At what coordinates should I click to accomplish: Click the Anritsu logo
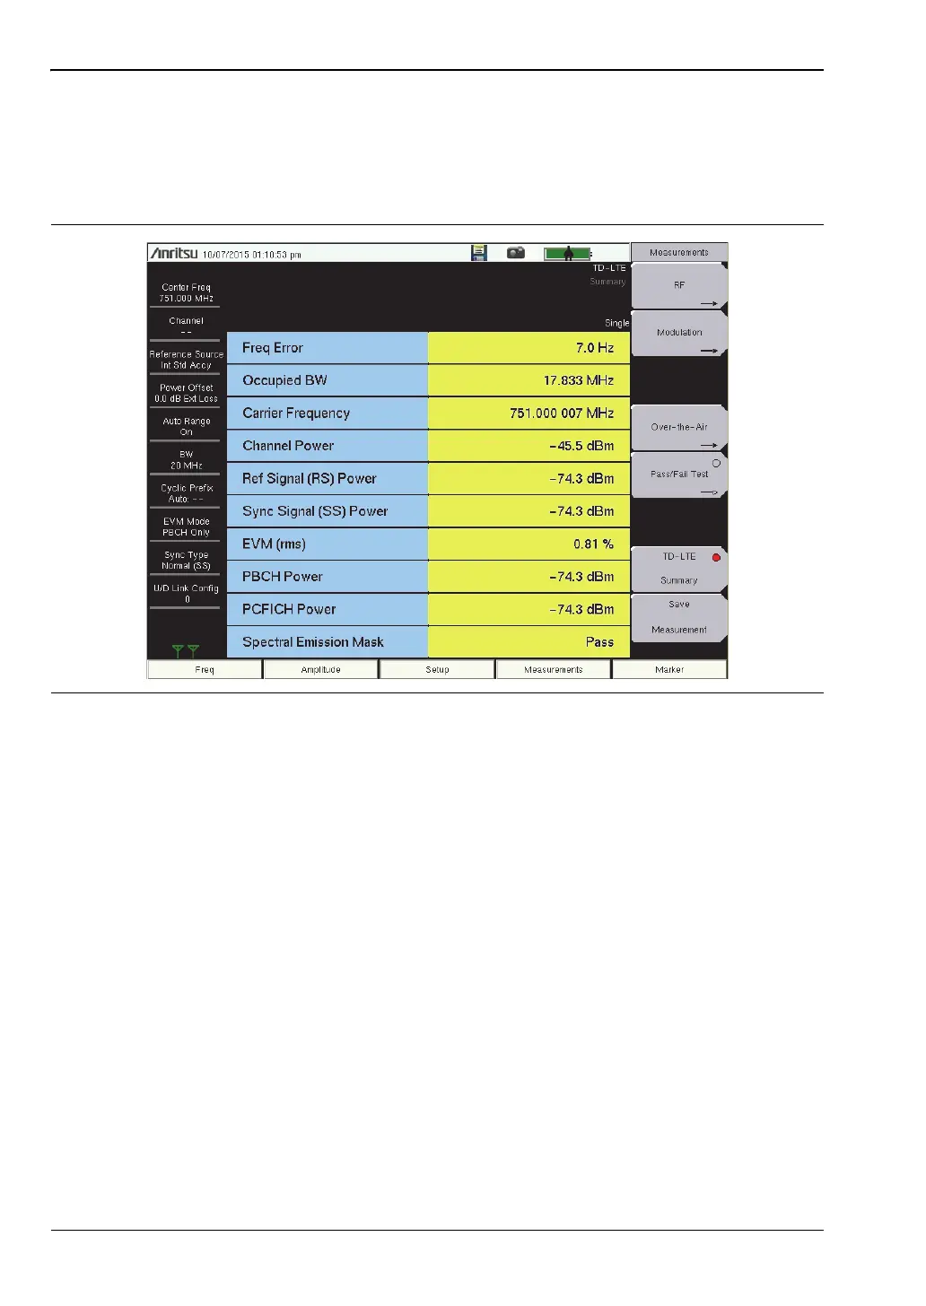coord(174,254)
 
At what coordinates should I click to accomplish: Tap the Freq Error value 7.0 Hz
coord(594,348)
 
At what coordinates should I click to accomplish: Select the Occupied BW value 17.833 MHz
coord(578,380)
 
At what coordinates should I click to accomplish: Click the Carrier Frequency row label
coord(296,414)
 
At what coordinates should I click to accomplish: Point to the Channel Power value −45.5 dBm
coord(581,446)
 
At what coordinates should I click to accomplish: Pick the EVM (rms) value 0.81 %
coord(593,544)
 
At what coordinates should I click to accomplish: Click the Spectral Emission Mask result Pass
coord(599,642)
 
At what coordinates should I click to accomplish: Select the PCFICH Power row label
coord(289,609)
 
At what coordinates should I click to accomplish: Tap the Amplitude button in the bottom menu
coord(320,670)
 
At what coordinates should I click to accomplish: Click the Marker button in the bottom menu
coord(669,670)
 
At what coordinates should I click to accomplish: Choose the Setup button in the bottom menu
coord(437,670)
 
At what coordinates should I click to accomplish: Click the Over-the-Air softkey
coord(679,428)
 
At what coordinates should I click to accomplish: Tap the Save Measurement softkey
coord(679,617)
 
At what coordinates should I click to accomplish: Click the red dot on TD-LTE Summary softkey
coord(716,558)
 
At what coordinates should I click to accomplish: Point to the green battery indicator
coord(567,254)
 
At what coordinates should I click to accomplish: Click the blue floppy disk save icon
coord(479,253)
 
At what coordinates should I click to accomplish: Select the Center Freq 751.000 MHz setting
coord(186,293)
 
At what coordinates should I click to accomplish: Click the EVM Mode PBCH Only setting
coord(186,527)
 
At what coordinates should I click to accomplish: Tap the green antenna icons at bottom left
coord(187,650)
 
